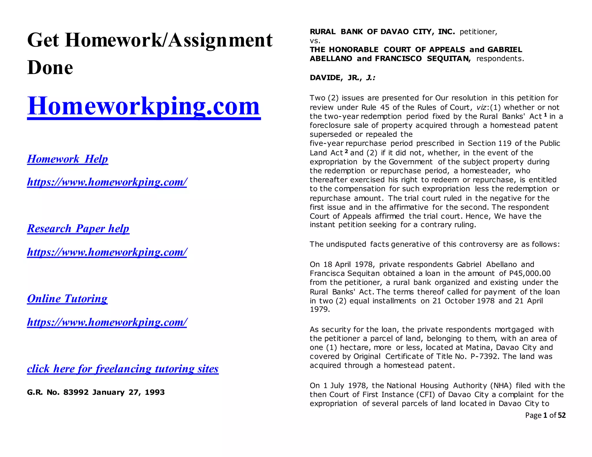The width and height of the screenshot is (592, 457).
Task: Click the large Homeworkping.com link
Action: click(144, 106)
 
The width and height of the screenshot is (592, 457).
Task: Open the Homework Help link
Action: click(67, 159)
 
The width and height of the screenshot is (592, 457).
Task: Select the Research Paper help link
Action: click(78, 228)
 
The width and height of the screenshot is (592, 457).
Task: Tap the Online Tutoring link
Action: click(67, 298)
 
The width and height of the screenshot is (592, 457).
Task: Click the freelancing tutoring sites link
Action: click(123, 369)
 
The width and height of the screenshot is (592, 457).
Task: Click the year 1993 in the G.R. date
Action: click(155, 392)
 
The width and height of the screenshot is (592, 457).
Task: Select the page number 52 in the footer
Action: click(562, 415)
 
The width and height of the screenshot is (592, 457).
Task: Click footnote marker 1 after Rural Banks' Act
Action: click(545, 115)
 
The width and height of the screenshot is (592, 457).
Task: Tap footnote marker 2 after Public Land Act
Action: click(346, 151)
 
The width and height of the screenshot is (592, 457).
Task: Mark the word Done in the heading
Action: click(50, 68)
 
